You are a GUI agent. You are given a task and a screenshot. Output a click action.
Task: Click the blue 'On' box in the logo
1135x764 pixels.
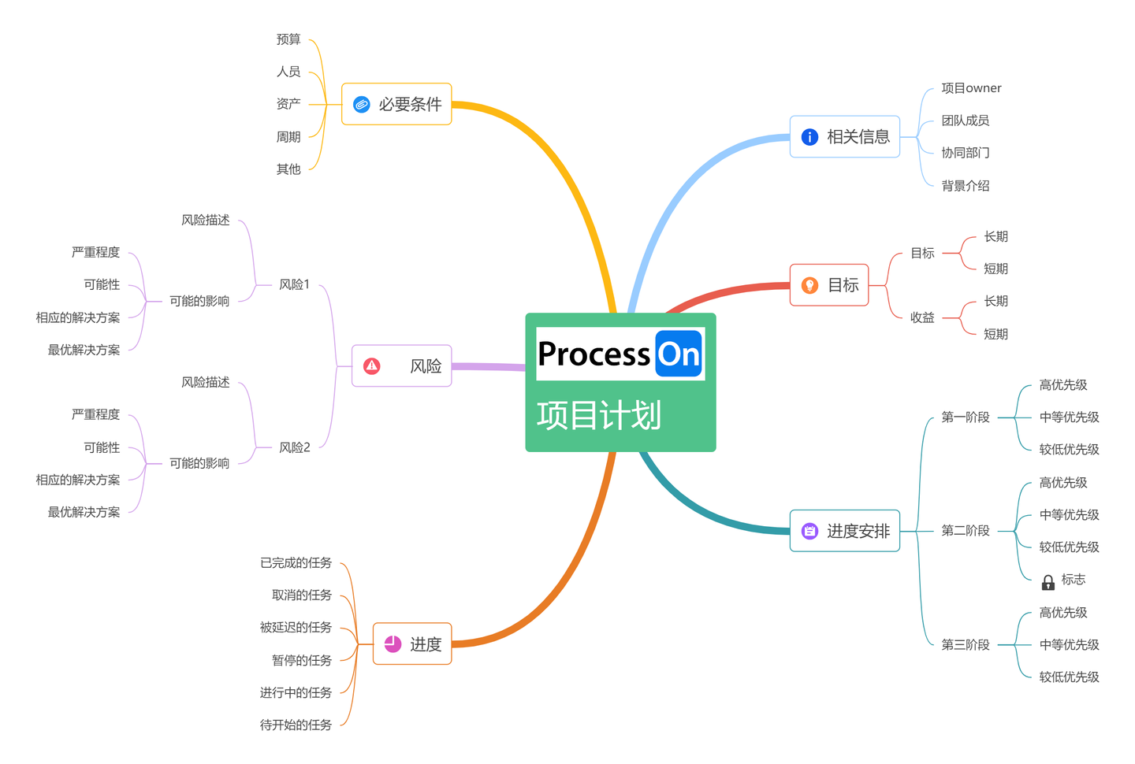[679, 354]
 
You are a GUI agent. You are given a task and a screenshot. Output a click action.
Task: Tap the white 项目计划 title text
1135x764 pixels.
[598, 416]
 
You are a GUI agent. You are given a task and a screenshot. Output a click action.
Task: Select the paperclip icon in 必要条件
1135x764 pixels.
[362, 105]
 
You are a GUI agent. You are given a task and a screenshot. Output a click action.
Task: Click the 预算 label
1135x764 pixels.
[288, 39]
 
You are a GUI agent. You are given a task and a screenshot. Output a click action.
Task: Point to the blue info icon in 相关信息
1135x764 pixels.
[809, 137]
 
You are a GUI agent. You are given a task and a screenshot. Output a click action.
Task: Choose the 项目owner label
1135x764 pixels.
[971, 88]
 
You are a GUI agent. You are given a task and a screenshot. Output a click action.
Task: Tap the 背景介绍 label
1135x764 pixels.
[966, 186]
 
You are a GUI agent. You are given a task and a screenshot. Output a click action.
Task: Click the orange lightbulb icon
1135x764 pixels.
[809, 285]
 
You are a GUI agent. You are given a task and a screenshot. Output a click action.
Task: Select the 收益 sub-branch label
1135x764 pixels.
[922, 317]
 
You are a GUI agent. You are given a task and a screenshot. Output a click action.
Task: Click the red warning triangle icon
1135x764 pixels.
[372, 366]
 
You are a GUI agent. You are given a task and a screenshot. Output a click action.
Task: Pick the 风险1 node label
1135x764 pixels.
[295, 284]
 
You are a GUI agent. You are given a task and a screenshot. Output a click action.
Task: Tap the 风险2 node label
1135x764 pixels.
[295, 447]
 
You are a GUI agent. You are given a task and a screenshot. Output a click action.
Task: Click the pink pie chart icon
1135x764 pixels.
[393, 644]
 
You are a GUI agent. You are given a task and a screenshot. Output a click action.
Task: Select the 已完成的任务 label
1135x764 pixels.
[296, 562]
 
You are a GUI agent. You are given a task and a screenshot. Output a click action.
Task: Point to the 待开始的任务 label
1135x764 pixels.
[296, 725]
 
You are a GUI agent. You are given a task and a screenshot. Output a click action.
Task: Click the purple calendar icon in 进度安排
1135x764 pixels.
[809, 532]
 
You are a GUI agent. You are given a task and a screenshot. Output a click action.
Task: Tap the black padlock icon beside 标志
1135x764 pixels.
[1048, 582]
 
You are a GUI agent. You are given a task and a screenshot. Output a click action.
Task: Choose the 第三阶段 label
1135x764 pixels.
[966, 644]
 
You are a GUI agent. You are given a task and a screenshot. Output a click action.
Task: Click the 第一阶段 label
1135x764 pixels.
[966, 417]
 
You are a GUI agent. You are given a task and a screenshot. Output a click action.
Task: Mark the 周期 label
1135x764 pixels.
[288, 137]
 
